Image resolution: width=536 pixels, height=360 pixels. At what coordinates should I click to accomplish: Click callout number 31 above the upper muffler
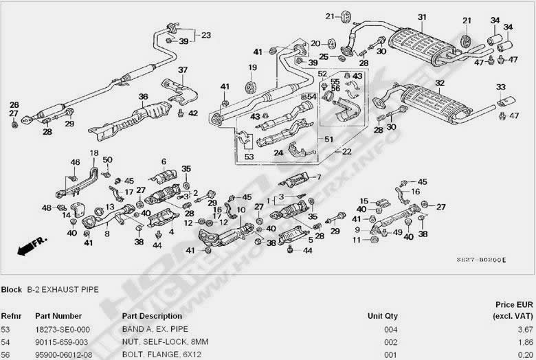(421, 17)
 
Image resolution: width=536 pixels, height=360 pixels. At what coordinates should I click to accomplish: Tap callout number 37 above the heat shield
(183, 70)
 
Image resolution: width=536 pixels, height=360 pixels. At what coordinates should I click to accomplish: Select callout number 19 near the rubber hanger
(252, 67)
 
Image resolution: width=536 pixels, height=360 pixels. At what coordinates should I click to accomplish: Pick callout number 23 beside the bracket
(206, 34)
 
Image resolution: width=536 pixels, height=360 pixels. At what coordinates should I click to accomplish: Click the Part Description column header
(152, 316)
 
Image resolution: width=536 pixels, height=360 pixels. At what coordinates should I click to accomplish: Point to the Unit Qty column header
(383, 316)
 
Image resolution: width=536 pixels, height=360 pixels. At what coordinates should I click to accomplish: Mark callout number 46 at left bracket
(76, 162)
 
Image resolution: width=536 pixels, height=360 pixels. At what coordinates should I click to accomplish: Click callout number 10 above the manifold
(241, 210)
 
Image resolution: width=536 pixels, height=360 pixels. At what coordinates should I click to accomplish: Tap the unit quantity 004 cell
(390, 330)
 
